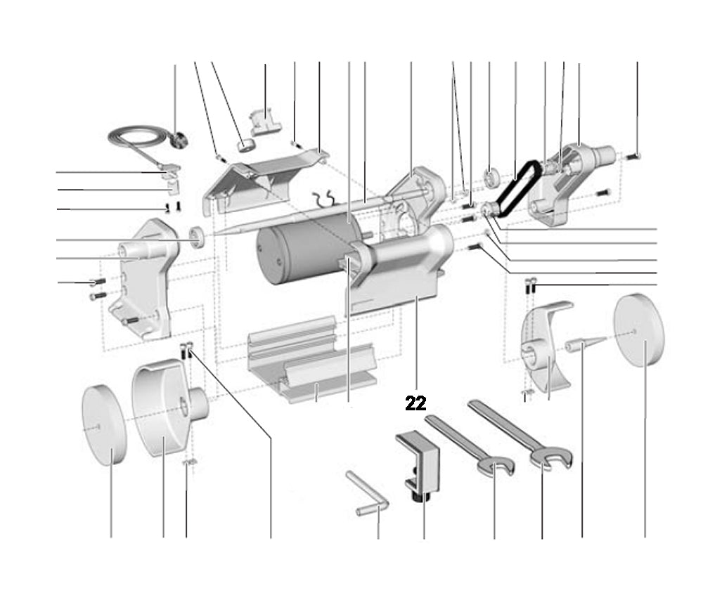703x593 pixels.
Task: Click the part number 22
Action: pyautogui.click(x=415, y=403)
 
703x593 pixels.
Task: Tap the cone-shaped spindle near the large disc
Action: pyautogui.click(x=583, y=344)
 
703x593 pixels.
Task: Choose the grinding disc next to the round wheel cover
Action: pyautogui.click(x=104, y=425)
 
